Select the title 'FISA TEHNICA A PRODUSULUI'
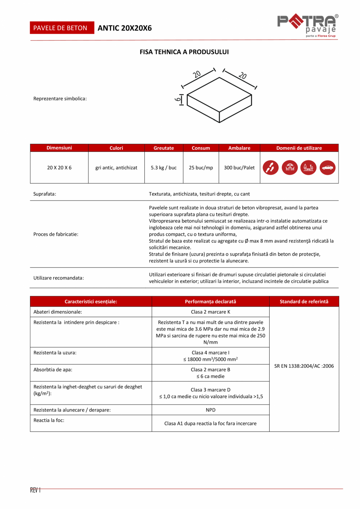pyautogui.click(x=184, y=52)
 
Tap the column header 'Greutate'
pyautogui.click(x=164, y=148)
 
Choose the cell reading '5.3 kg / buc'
pyautogui.click(x=164, y=168)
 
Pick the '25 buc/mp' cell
pyautogui.click(x=201, y=168)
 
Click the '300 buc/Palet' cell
pyautogui.click(x=239, y=168)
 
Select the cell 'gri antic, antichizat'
pyautogui.click(x=116, y=168)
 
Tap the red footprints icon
pyautogui.click(x=270, y=168)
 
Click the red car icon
pyautogui.click(x=328, y=168)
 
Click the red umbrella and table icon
pyautogui.click(x=290, y=168)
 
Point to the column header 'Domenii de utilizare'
pyautogui.click(x=299, y=148)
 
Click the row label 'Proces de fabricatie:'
pyautogui.click(x=56, y=234)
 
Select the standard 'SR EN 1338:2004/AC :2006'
pyautogui.click(x=304, y=366)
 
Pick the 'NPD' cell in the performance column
pyautogui.click(x=211, y=410)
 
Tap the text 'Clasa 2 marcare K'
pyautogui.click(x=211, y=312)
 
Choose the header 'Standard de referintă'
pyautogui.click(x=304, y=301)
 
